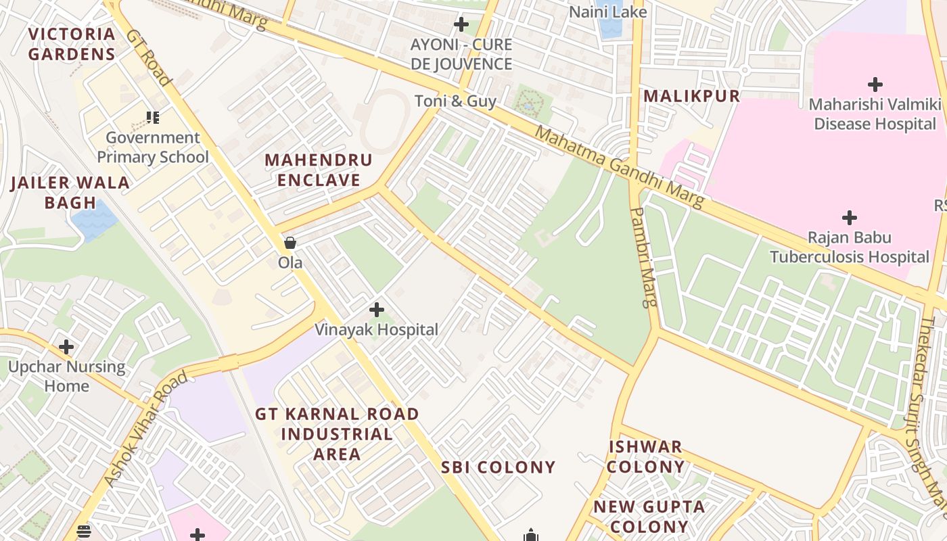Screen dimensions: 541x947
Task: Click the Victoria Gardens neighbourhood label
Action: point(72,44)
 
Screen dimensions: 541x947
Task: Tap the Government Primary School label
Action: point(153,147)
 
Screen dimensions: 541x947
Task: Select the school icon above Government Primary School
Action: point(154,118)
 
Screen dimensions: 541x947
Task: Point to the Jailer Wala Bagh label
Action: point(70,192)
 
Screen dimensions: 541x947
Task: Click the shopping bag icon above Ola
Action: point(290,243)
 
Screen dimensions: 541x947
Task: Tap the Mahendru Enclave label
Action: point(319,170)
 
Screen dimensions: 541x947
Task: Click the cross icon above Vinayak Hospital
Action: point(377,310)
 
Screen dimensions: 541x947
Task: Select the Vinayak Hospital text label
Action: point(377,330)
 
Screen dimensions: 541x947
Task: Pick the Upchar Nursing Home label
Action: point(67,376)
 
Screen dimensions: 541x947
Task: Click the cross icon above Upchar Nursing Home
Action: point(66,347)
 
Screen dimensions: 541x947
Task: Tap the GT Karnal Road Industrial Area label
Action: point(337,433)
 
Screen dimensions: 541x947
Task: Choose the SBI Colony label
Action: point(499,467)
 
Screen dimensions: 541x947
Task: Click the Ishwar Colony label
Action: point(646,456)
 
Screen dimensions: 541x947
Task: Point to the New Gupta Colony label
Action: point(640,516)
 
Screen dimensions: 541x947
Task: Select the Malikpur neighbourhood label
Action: point(691,96)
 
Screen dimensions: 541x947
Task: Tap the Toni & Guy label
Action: point(455,101)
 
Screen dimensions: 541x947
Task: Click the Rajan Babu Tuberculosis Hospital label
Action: point(850,247)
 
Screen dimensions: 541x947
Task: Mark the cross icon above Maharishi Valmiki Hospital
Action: point(875,85)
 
